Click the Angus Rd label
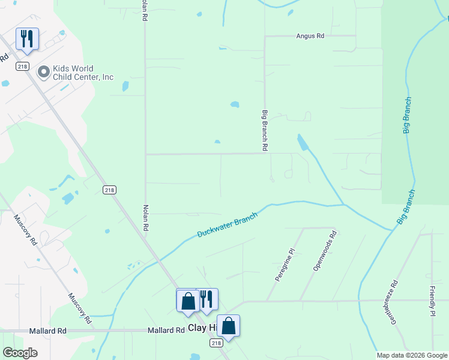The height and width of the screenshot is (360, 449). (x=310, y=36)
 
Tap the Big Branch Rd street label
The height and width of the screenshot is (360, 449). (x=264, y=130)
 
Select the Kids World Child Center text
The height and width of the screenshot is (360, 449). (x=83, y=73)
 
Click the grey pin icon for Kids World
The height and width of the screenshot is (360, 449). (x=44, y=73)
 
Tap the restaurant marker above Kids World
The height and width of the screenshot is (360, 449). (x=27, y=39)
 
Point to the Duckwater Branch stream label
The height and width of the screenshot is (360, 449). (x=228, y=225)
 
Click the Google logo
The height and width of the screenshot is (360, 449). (x=20, y=353)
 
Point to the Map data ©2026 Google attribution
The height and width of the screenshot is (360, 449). (x=412, y=355)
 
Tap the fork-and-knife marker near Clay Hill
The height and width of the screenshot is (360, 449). (x=206, y=299)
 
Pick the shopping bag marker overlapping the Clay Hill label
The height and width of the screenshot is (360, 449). (x=228, y=326)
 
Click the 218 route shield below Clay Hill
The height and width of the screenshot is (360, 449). (x=216, y=343)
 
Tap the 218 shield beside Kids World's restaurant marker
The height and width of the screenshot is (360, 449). (x=22, y=67)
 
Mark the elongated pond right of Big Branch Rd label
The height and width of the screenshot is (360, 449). (x=303, y=143)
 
